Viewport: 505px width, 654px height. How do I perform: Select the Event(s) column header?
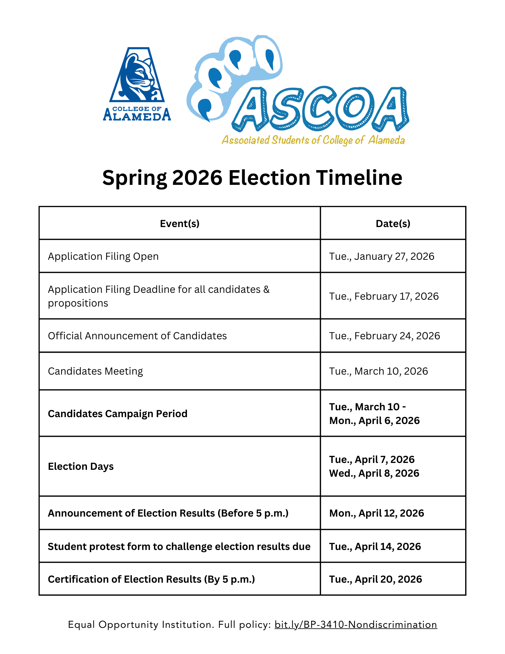pos(179,223)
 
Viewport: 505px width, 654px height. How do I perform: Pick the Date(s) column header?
pos(393,223)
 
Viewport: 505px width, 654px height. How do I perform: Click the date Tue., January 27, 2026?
pos(381,256)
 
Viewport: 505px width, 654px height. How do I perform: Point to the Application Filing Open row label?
pos(103,256)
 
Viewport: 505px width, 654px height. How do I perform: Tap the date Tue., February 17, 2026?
pos(384,296)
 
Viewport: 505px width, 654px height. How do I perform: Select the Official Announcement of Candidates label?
pos(137,336)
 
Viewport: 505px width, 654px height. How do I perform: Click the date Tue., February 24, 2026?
pos(384,336)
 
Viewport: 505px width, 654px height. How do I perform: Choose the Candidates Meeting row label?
pos(95,371)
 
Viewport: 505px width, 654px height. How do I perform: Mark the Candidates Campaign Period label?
pos(118,414)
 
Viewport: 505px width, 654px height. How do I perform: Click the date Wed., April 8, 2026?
pos(374,473)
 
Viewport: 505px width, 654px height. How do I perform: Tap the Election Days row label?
pos(81,466)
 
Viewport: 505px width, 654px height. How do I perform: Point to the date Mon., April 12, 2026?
pos(377,513)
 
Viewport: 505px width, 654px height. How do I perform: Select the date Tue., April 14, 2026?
pos(375,546)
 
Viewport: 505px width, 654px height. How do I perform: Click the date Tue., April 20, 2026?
pos(376,579)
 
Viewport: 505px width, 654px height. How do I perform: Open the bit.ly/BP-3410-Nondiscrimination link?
pos(356,625)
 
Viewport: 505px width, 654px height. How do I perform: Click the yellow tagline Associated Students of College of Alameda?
pos(313,140)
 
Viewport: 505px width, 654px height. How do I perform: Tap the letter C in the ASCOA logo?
pos(319,108)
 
